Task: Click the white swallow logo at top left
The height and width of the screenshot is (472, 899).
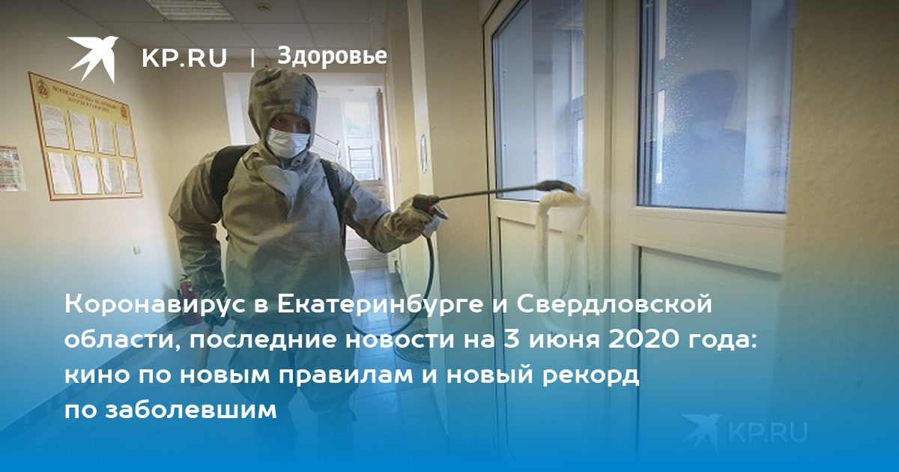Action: coord(93,58)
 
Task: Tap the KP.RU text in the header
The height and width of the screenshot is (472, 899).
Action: coord(184,58)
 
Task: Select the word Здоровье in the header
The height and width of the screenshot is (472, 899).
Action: coord(332,55)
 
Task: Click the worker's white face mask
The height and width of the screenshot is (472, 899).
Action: coord(288,142)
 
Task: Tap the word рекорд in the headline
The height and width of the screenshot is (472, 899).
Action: coord(590,376)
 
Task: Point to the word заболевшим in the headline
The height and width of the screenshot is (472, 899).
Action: coord(191,411)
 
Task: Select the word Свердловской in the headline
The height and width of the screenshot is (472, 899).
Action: coord(614,304)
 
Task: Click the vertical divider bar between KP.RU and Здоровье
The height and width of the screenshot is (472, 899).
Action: coord(252,58)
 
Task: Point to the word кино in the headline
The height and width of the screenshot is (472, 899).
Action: coord(97,375)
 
